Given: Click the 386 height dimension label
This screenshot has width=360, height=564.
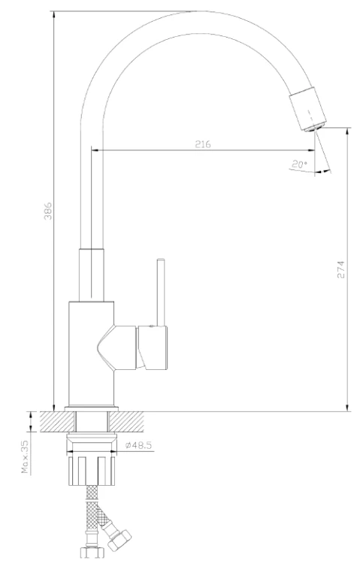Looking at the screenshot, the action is (48, 211).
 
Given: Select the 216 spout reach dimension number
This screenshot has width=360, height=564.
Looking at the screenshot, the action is (203, 144).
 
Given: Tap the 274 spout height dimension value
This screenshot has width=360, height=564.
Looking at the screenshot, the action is (340, 269).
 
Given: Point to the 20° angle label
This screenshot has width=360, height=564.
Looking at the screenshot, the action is (299, 165).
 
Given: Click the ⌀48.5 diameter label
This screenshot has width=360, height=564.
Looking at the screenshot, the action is (138, 445).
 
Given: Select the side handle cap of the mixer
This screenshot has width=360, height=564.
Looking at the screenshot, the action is (153, 347).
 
